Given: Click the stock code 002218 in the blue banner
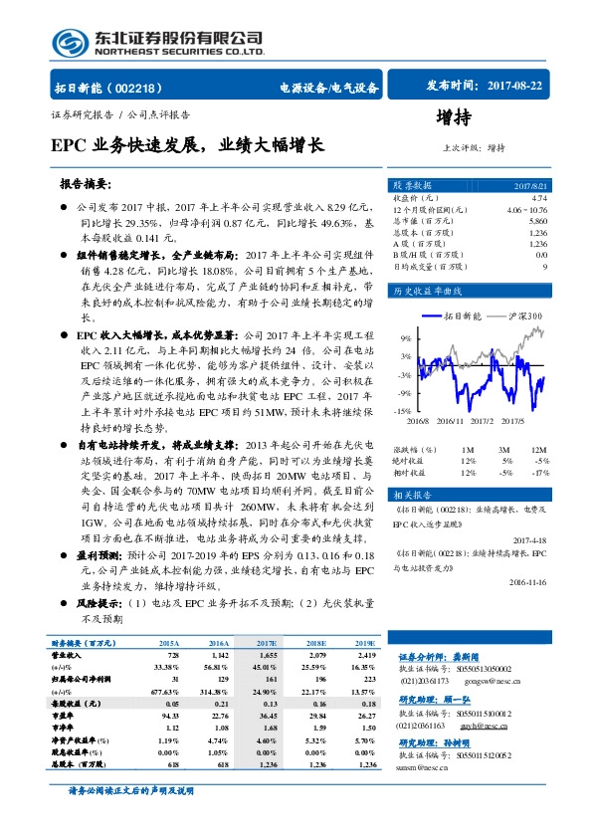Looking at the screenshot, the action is click(147, 89).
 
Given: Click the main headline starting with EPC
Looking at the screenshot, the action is click(187, 144).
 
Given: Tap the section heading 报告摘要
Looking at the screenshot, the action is click(86, 185).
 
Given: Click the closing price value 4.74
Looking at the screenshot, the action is click(539, 199).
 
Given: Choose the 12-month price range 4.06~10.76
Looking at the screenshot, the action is click(525, 210).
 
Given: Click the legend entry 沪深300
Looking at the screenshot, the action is click(521, 315).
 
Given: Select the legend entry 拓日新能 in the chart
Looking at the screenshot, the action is click(461, 315).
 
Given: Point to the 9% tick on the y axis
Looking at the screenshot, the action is click(406, 337).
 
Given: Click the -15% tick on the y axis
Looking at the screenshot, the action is click(403, 409).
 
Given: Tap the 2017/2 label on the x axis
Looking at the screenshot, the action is click(484, 422).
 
